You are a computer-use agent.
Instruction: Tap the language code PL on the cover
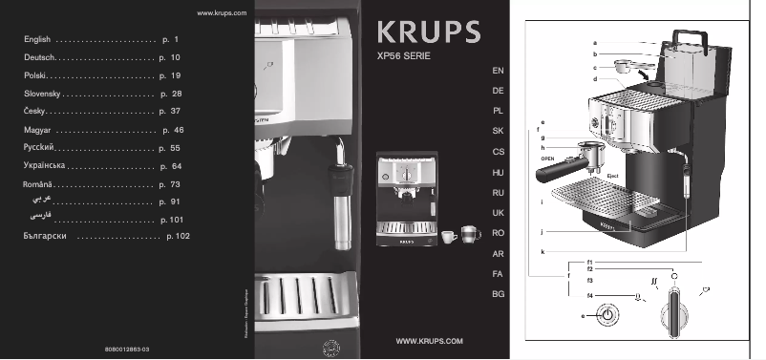click(x=498, y=110)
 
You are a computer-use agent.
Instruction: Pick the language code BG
click(x=498, y=294)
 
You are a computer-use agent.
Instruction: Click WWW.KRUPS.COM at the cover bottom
click(x=429, y=341)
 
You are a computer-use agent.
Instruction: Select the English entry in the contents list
click(x=36, y=41)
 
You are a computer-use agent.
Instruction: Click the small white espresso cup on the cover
click(x=447, y=233)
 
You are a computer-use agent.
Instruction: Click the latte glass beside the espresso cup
click(x=469, y=232)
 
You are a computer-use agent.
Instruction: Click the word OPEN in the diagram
click(x=548, y=159)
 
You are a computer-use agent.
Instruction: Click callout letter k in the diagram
click(x=543, y=251)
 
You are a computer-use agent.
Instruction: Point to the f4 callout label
click(x=590, y=296)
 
